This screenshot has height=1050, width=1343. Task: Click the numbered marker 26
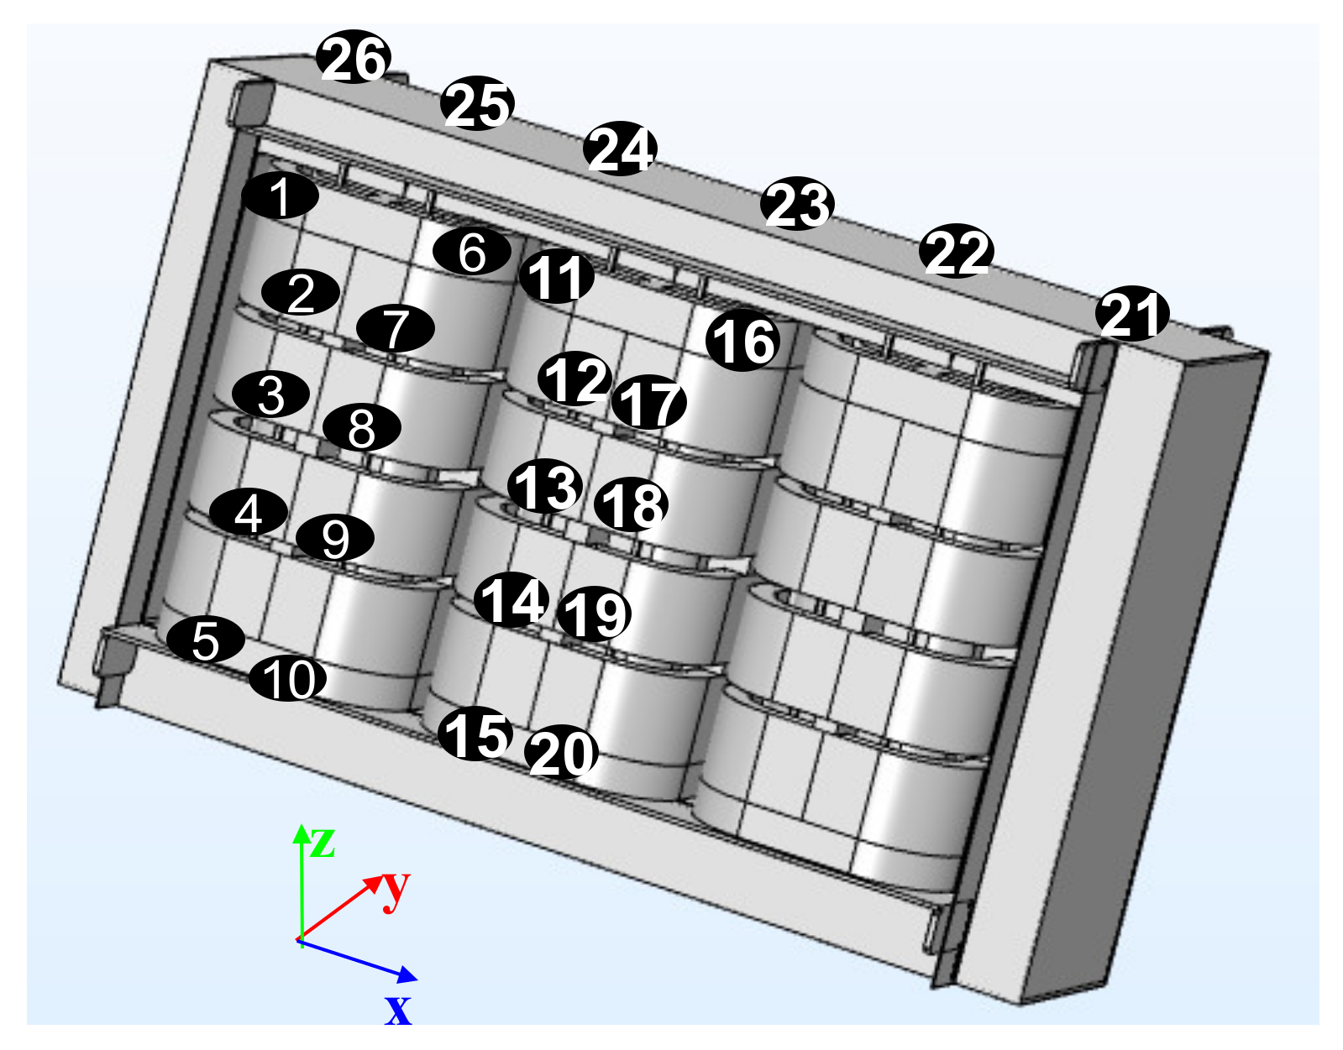click(x=353, y=57)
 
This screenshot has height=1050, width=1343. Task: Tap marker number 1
click(x=280, y=196)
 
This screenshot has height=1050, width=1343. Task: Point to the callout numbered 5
click(x=206, y=640)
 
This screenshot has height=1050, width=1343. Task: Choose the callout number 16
click(x=742, y=340)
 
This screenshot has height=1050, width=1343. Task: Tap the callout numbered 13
click(x=544, y=485)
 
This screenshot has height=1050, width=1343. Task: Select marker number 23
click(x=797, y=204)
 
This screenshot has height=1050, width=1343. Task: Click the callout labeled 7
click(x=396, y=328)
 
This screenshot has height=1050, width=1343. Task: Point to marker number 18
click(x=631, y=504)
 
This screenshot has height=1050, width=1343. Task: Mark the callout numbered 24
click(x=620, y=149)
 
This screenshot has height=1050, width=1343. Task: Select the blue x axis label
click(x=397, y=1011)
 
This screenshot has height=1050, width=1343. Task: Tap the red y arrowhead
click(x=383, y=875)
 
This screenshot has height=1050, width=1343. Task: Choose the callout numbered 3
click(x=270, y=394)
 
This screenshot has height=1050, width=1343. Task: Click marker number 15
click(x=475, y=733)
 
